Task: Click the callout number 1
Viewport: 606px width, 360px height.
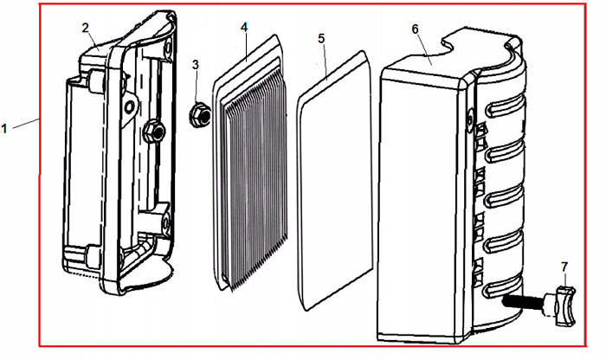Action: click(x=6, y=128)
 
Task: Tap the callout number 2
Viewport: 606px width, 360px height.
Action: click(x=87, y=28)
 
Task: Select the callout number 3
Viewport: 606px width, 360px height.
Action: click(x=196, y=64)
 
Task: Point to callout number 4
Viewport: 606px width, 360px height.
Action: click(x=245, y=28)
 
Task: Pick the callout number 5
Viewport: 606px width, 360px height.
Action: click(x=321, y=39)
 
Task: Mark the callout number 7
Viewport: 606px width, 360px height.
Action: click(x=564, y=265)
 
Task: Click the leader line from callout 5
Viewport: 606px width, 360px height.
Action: click(x=326, y=61)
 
